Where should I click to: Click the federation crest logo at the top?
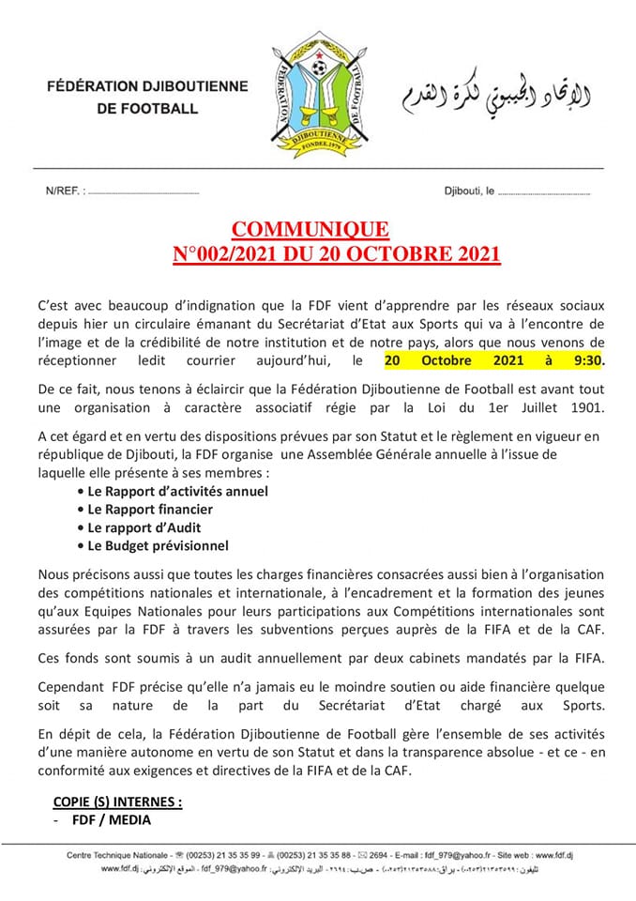coord(320,89)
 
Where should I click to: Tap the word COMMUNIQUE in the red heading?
coord(310,230)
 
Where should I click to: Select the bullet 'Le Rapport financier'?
coord(150,509)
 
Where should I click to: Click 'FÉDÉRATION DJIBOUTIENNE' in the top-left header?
coord(148,86)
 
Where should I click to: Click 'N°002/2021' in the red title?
coord(223,254)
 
